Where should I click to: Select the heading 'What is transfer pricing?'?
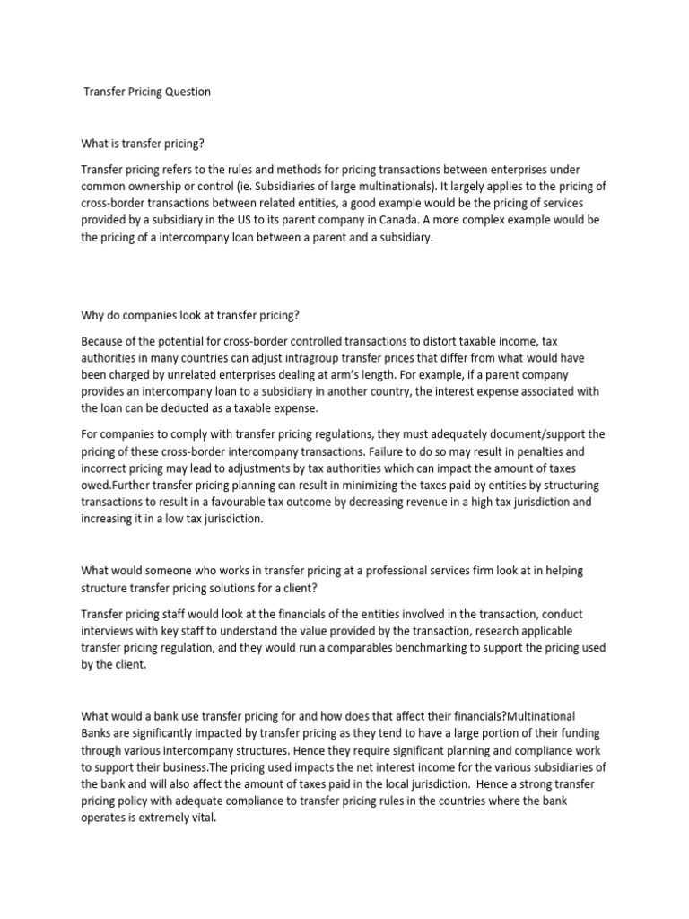150,143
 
